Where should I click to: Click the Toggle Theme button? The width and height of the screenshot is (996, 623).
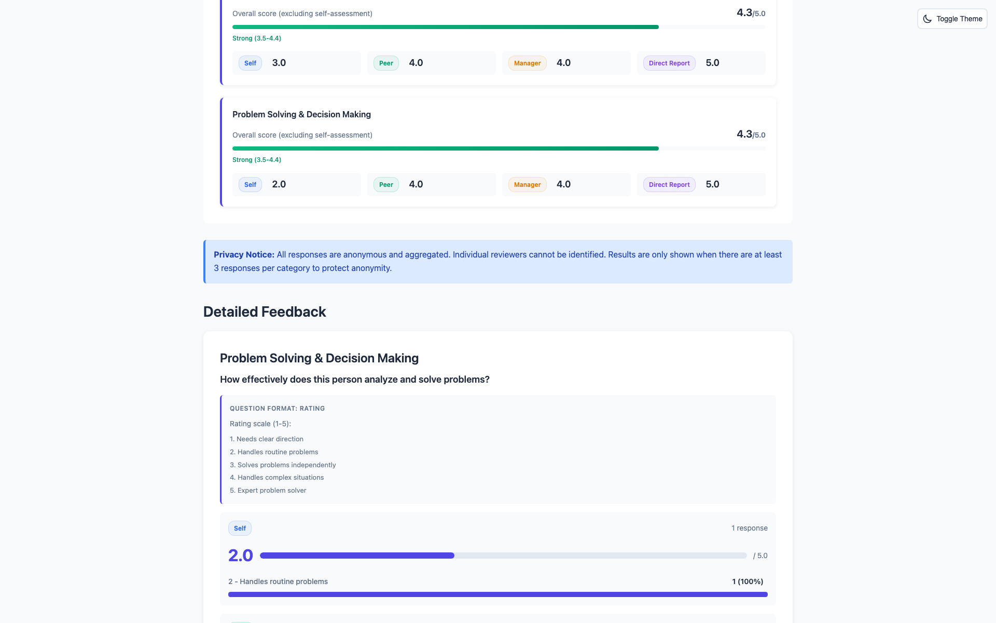(x=952, y=19)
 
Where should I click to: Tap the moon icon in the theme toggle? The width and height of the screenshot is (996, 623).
(x=928, y=19)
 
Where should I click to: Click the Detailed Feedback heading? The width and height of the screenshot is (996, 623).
(x=265, y=311)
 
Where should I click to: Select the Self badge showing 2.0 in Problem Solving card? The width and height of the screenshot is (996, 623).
(x=250, y=185)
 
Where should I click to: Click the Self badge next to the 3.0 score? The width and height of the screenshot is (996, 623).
(x=250, y=63)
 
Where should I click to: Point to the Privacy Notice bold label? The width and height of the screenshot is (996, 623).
(x=244, y=254)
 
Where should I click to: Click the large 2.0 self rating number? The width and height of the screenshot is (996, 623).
(x=241, y=556)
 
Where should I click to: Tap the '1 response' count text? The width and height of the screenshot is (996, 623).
(x=749, y=528)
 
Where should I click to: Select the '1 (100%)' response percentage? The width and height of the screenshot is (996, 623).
(x=748, y=581)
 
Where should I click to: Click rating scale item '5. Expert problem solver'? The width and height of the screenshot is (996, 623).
(x=268, y=490)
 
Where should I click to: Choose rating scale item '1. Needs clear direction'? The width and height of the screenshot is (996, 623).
(x=267, y=439)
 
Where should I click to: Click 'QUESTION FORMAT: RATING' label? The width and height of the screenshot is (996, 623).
(x=277, y=409)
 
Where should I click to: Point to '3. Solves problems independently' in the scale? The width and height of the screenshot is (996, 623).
(x=283, y=465)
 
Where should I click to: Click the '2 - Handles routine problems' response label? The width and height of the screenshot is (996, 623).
(x=278, y=581)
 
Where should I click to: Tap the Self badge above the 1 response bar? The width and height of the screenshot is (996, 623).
(x=240, y=529)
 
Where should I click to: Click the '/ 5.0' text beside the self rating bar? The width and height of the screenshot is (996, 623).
(x=760, y=556)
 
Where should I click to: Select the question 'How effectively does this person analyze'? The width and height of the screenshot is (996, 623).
(x=354, y=380)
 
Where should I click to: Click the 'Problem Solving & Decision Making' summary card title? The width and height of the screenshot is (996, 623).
(x=301, y=114)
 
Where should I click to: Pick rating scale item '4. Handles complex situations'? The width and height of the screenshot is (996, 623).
(x=277, y=478)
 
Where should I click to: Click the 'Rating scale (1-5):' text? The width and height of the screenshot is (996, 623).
(x=260, y=424)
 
